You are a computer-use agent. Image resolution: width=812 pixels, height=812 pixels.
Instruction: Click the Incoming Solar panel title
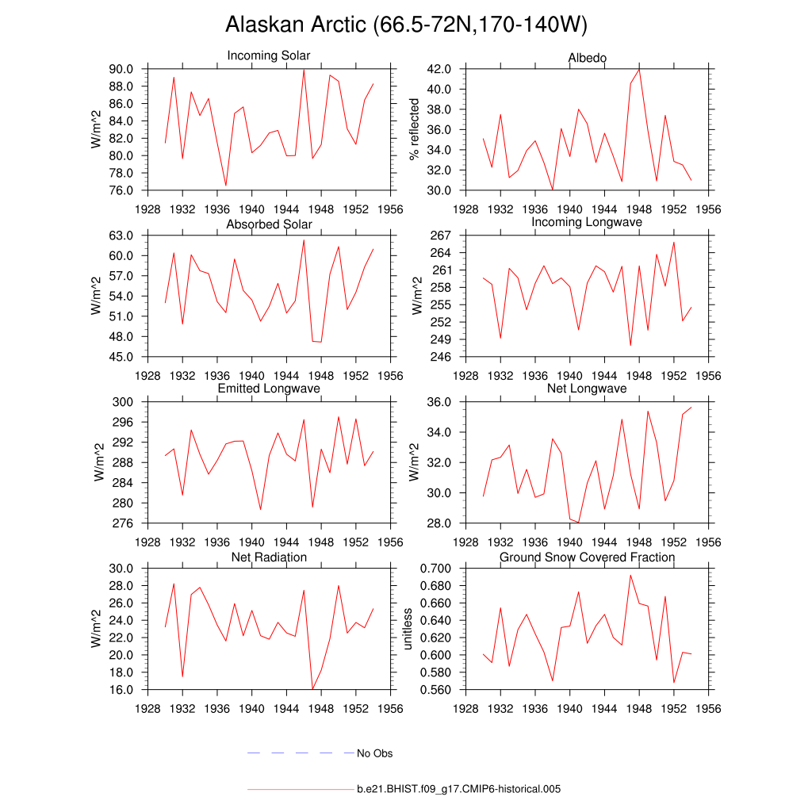(x=269, y=56)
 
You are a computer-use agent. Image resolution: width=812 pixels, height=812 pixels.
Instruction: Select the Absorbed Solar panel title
(x=269, y=224)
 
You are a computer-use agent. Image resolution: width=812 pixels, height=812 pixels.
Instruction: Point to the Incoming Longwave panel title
(x=587, y=222)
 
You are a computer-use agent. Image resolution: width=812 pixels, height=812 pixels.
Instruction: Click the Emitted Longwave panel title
(x=269, y=389)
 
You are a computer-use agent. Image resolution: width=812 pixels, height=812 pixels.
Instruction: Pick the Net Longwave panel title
(x=587, y=389)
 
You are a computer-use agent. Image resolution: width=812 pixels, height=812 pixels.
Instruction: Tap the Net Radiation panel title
(x=269, y=557)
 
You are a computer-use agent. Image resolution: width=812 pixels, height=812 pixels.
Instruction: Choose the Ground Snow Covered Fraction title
(x=587, y=557)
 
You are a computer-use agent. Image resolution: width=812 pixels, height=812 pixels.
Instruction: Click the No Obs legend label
(x=374, y=753)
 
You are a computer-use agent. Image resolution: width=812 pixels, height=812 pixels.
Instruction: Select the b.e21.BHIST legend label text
(x=459, y=789)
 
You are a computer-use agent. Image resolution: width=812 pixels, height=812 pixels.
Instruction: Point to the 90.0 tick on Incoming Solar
(x=121, y=69)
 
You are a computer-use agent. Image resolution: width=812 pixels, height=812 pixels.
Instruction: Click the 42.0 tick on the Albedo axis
(x=439, y=69)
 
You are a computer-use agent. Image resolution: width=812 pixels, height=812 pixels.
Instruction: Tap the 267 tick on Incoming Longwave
(x=442, y=236)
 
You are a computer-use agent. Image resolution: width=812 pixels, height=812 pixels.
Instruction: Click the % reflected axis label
(x=412, y=130)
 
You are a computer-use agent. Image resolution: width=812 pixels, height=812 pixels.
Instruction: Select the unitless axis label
(x=408, y=629)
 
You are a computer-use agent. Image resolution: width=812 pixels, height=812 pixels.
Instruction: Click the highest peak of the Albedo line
(x=639, y=69)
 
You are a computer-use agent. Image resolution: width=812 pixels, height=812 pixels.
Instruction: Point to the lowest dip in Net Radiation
(x=312, y=689)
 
